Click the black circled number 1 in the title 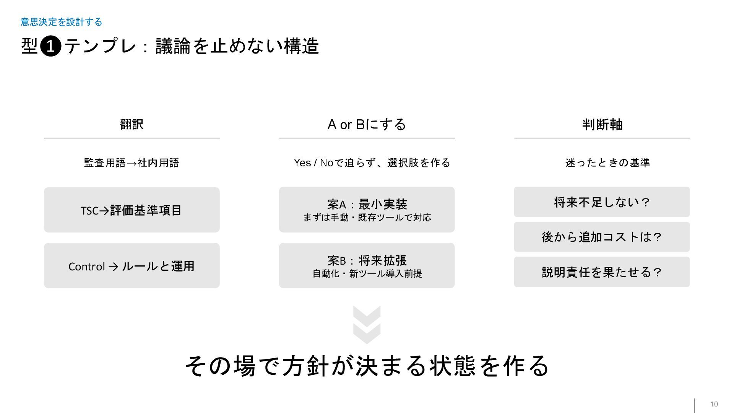(x=50, y=47)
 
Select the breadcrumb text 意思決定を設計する (x=61, y=22)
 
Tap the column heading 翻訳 (x=132, y=124)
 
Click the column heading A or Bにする (x=367, y=124)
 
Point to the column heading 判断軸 (x=602, y=124)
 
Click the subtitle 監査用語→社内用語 (x=132, y=163)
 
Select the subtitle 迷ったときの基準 (x=607, y=163)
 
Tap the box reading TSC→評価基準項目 (x=132, y=210)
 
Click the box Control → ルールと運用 (x=132, y=266)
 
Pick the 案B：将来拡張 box (x=367, y=265)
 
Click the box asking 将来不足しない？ (x=602, y=202)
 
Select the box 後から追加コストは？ (x=602, y=237)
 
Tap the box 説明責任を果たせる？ (x=602, y=272)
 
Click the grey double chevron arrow (x=367, y=325)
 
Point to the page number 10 (x=714, y=404)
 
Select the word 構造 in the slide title (x=301, y=47)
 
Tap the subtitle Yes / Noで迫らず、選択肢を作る (x=372, y=163)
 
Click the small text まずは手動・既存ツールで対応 (x=367, y=218)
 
